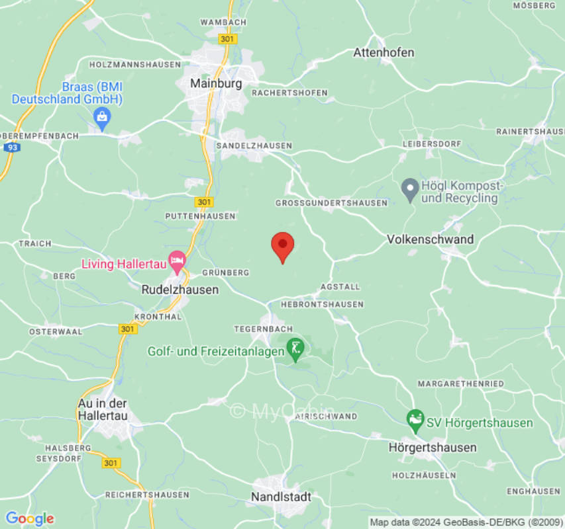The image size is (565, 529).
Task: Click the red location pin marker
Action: pos(283,247)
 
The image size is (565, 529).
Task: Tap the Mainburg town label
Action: pos(216,84)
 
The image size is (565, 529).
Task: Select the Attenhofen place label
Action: pos(384,52)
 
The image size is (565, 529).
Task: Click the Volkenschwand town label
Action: pos(430,239)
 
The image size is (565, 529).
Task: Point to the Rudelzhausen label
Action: pos(180,290)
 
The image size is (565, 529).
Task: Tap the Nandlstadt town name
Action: pos(282,497)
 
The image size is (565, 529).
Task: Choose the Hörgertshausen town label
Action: pos(433,448)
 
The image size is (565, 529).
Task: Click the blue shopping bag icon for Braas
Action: pos(102,118)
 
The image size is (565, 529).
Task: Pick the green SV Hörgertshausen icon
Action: pos(415,419)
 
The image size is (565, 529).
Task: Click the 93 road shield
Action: pos(11,148)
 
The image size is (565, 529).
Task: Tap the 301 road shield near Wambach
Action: pos(227,40)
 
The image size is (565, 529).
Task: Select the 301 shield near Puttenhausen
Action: pos(204,202)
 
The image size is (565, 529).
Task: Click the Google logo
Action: pos(29,518)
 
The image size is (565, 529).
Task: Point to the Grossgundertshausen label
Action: pos(331,203)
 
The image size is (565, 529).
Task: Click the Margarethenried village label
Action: pos(460,384)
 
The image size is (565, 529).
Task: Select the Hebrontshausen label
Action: pos(322,304)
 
